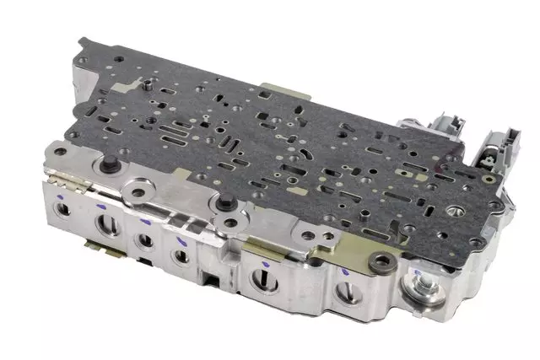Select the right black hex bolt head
(x=225, y=202)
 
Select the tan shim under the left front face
(x=97, y=246)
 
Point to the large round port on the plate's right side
(x=456, y=210)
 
